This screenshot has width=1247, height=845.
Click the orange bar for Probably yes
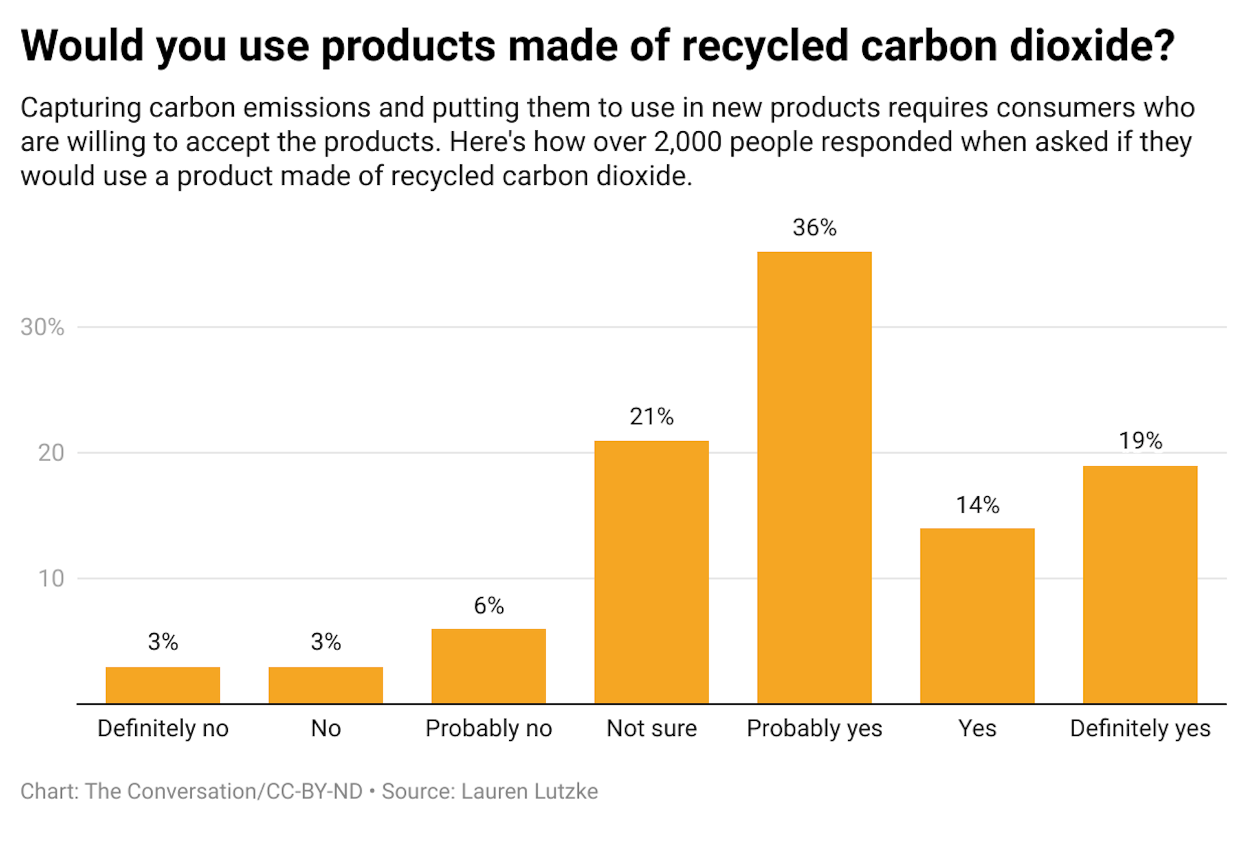(814, 477)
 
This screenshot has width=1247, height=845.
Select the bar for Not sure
(651, 572)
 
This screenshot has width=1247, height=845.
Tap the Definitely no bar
(162, 685)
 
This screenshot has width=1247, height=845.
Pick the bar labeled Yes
(977, 616)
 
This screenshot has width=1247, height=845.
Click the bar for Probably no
(488, 666)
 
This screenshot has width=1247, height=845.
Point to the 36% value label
(814, 227)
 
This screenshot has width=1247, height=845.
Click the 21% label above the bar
(651, 416)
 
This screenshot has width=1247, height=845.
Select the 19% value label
(1140, 441)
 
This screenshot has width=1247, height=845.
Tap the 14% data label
(977, 505)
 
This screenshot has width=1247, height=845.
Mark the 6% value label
(488, 605)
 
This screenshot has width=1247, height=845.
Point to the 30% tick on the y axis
(42, 327)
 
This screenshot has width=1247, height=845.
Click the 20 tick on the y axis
(51, 453)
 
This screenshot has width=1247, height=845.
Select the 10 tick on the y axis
(51, 578)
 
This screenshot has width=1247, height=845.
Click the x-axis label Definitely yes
(1140, 728)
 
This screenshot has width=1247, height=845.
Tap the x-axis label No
(325, 728)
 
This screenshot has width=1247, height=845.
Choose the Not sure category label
(651, 728)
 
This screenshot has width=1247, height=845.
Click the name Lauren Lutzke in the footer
(529, 791)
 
